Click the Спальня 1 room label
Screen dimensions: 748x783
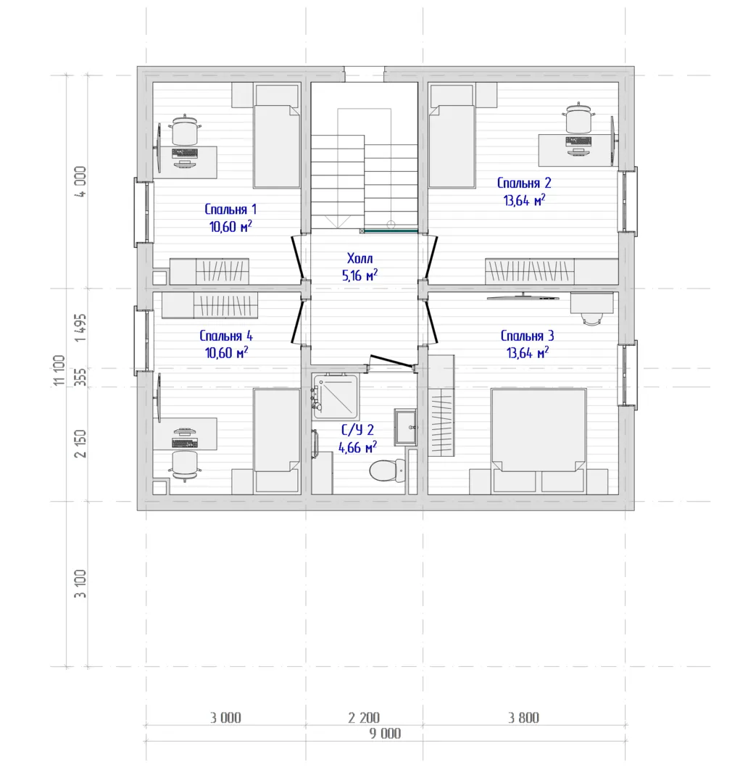tap(230, 210)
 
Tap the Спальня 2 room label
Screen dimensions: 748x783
tap(524, 183)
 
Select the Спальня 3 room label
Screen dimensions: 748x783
tap(527, 336)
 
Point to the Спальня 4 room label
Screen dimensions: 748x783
tap(226, 336)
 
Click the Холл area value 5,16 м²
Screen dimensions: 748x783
tap(360, 275)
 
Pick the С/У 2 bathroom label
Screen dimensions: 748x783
tap(357, 429)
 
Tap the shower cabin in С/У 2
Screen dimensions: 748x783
tap(335, 396)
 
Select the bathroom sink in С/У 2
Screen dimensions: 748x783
tap(405, 427)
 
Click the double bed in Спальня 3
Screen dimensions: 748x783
tap(539, 430)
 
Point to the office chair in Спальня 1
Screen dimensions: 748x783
tap(186, 130)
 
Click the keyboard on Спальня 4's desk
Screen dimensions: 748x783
tap(185, 443)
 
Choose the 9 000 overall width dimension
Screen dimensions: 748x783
tap(385, 733)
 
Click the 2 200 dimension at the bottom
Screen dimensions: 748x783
tap(364, 718)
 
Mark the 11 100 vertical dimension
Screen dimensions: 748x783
tap(59, 370)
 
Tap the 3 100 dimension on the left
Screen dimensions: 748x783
tap(80, 584)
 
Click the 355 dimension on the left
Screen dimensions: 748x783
tap(80, 377)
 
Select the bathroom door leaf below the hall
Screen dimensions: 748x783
tap(392, 360)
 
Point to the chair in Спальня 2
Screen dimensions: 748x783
tap(578, 118)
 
